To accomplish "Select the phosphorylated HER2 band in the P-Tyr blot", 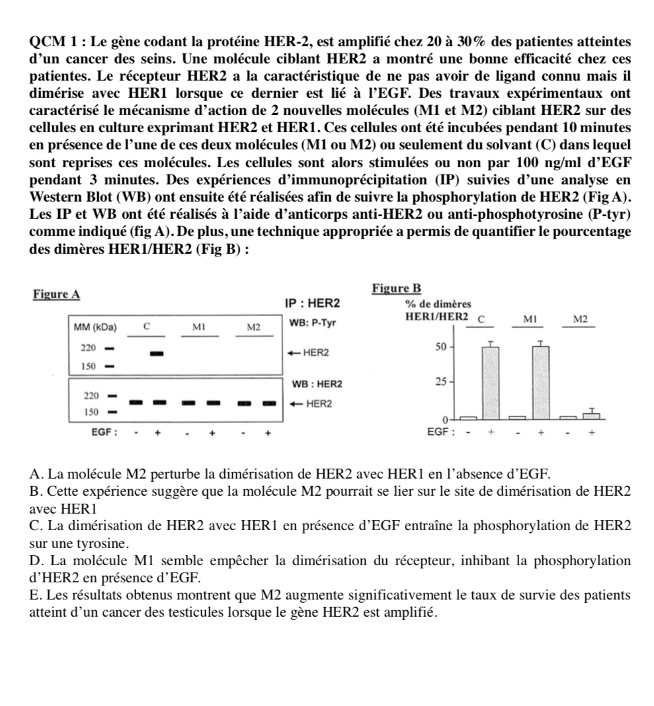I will pos(157,353).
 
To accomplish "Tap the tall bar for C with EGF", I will pos(491,383).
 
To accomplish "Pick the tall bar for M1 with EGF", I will pos(540,383).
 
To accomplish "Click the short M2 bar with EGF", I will pos(591,415).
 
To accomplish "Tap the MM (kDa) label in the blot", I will pos(95,327).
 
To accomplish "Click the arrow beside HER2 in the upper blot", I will pos(292,353).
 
